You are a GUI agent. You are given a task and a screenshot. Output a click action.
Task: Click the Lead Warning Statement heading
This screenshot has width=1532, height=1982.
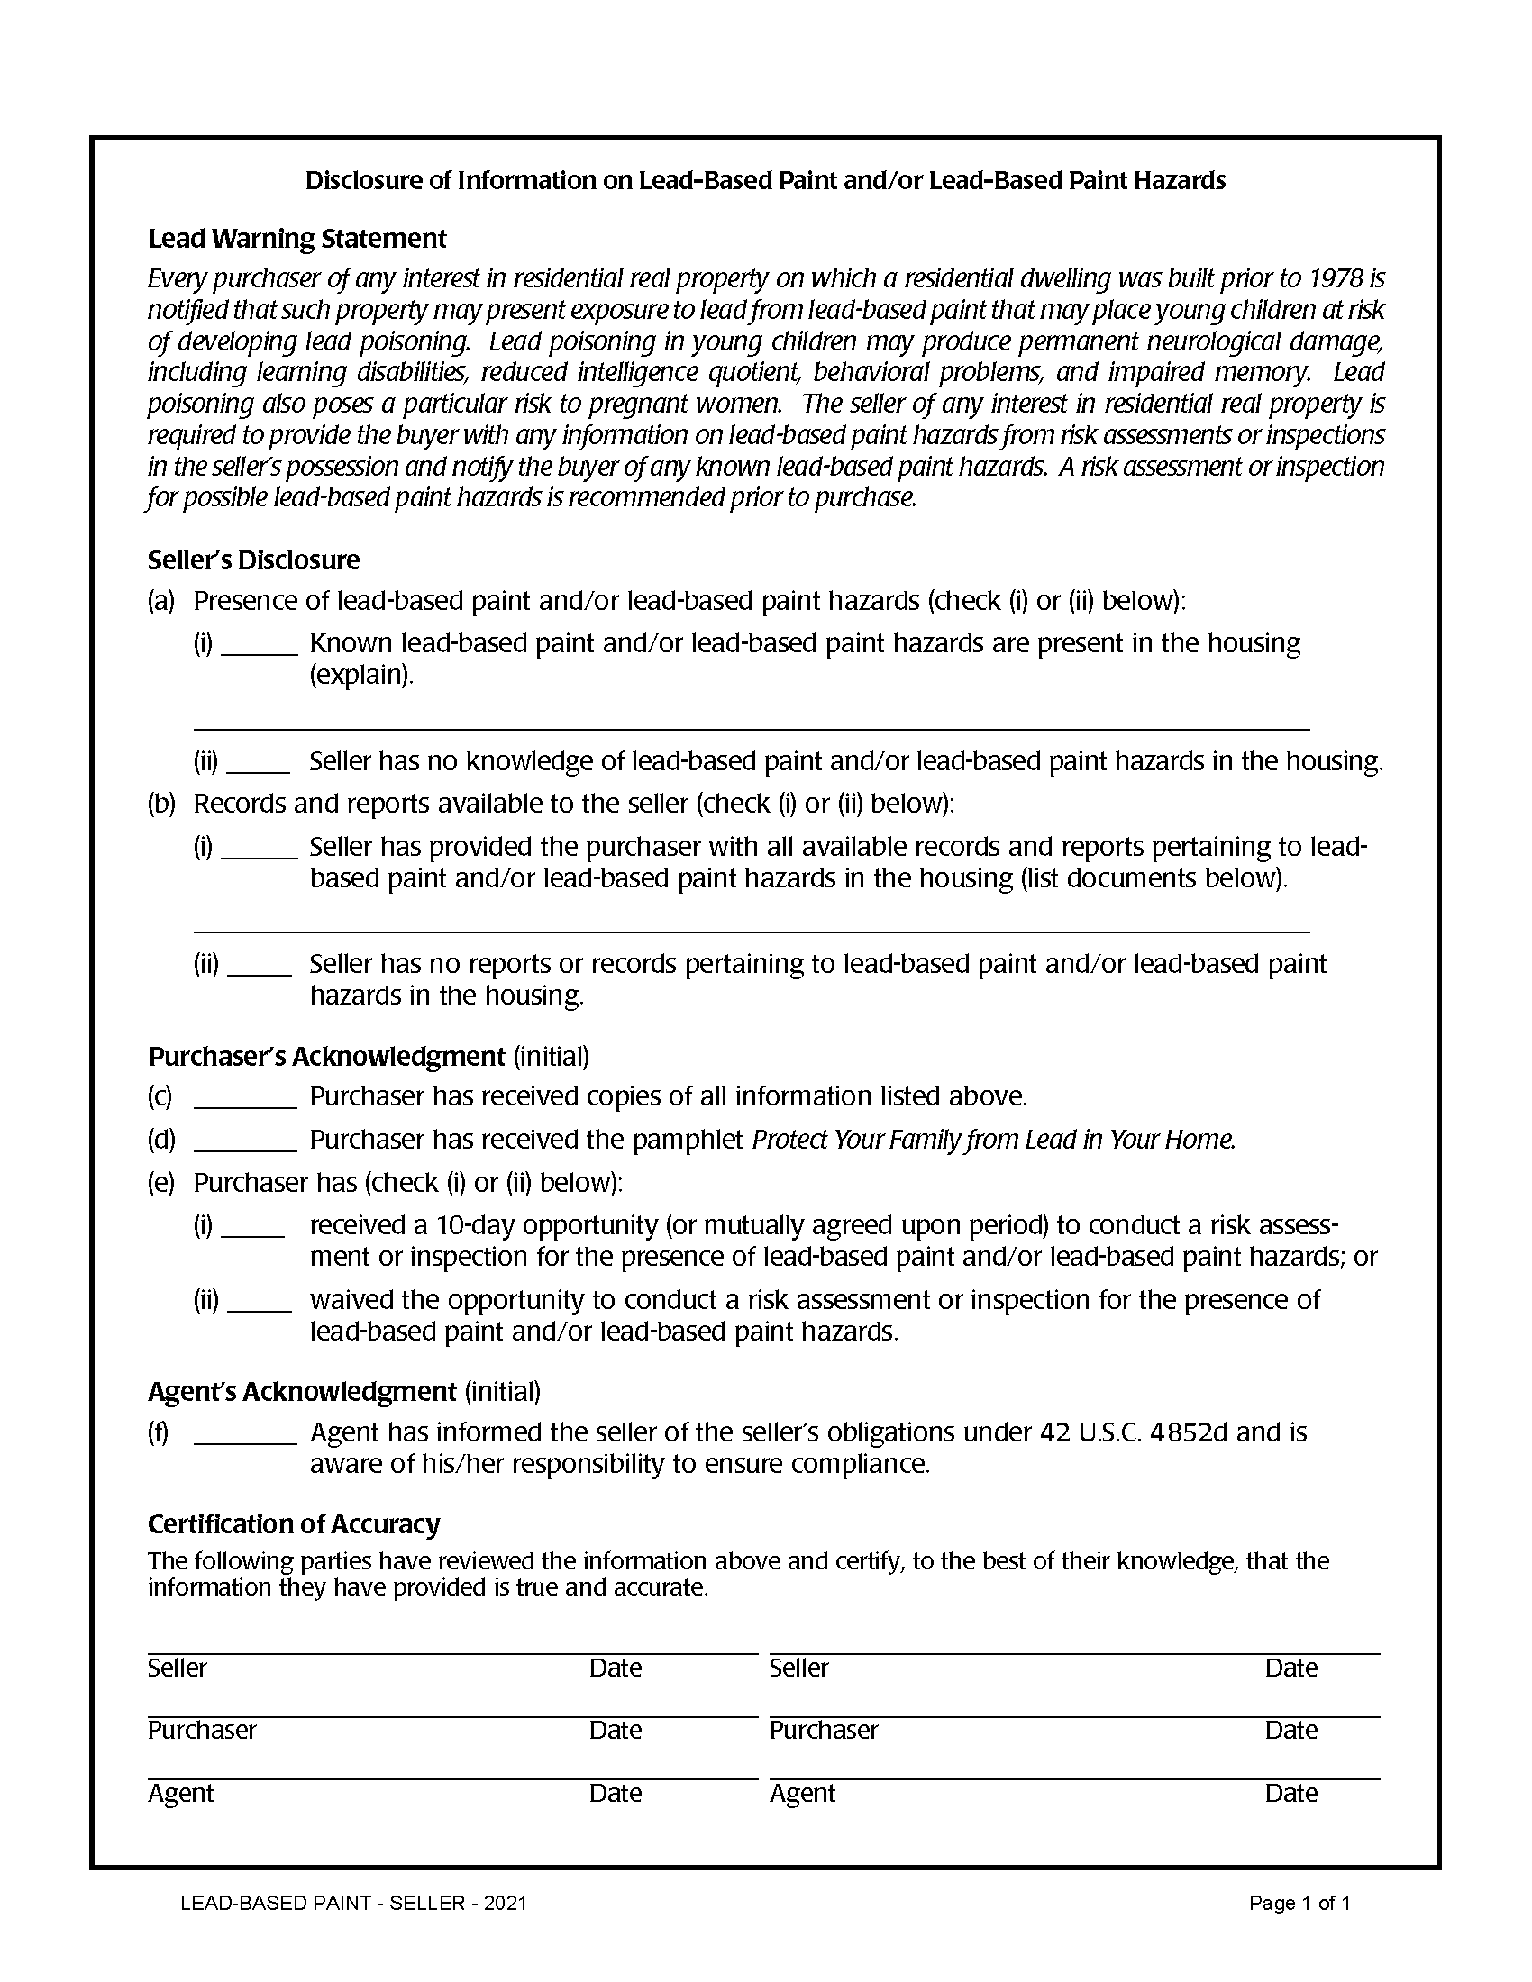tap(296, 239)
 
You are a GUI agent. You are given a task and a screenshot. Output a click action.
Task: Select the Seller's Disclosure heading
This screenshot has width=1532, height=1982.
tap(253, 560)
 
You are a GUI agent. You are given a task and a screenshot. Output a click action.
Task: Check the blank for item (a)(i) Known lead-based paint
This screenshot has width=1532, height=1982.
tap(260, 644)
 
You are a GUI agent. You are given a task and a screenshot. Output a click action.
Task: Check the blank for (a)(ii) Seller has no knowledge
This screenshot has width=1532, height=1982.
tap(258, 762)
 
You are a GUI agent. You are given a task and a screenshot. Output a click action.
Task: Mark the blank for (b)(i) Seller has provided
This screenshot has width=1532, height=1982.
tap(260, 849)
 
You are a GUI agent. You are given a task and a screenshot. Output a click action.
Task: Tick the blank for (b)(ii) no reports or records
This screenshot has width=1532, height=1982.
tap(259, 966)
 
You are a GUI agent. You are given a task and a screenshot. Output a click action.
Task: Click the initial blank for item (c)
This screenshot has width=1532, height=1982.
tap(246, 1098)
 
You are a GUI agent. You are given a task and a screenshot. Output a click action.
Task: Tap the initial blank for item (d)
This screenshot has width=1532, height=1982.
tap(246, 1141)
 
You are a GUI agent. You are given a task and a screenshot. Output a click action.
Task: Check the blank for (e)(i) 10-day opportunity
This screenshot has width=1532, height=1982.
tap(253, 1227)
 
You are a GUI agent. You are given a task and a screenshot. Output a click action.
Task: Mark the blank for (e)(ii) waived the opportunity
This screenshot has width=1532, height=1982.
tap(259, 1303)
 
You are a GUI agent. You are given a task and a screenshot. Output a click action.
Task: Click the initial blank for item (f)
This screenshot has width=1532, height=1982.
tap(246, 1434)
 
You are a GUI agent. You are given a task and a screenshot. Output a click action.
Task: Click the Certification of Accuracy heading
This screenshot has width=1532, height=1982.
tap(293, 1523)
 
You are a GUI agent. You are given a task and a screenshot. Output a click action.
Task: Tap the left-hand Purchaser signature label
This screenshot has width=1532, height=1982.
tap(202, 1730)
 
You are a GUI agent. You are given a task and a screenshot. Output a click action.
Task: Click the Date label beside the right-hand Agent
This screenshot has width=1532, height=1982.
tap(1290, 1793)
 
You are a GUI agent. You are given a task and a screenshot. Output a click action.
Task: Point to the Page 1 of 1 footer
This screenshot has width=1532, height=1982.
tap(1299, 1903)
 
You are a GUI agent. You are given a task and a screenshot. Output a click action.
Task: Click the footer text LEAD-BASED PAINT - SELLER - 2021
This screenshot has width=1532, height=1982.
tap(353, 1903)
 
